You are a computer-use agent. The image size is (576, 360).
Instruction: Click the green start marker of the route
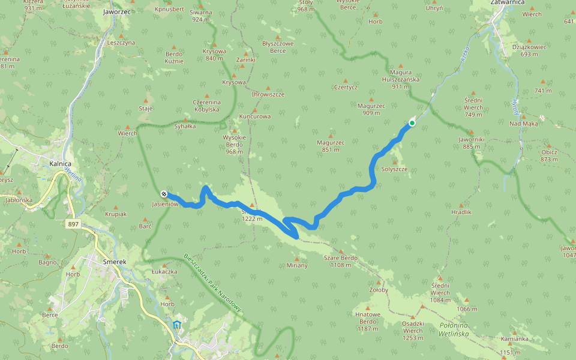click(412, 123)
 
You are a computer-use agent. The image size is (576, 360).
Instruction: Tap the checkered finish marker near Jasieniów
click(163, 194)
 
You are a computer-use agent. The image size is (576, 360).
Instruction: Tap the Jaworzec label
click(118, 11)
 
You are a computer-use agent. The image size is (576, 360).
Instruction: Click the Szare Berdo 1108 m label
click(341, 261)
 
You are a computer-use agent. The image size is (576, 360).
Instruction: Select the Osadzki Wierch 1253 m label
click(412, 327)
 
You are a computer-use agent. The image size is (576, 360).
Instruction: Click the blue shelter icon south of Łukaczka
click(176, 325)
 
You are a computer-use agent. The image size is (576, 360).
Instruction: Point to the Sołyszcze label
click(394, 169)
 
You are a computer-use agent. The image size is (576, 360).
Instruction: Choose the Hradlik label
click(461, 212)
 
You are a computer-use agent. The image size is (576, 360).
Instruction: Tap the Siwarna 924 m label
click(201, 16)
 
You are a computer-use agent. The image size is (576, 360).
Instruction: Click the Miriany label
click(297, 265)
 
